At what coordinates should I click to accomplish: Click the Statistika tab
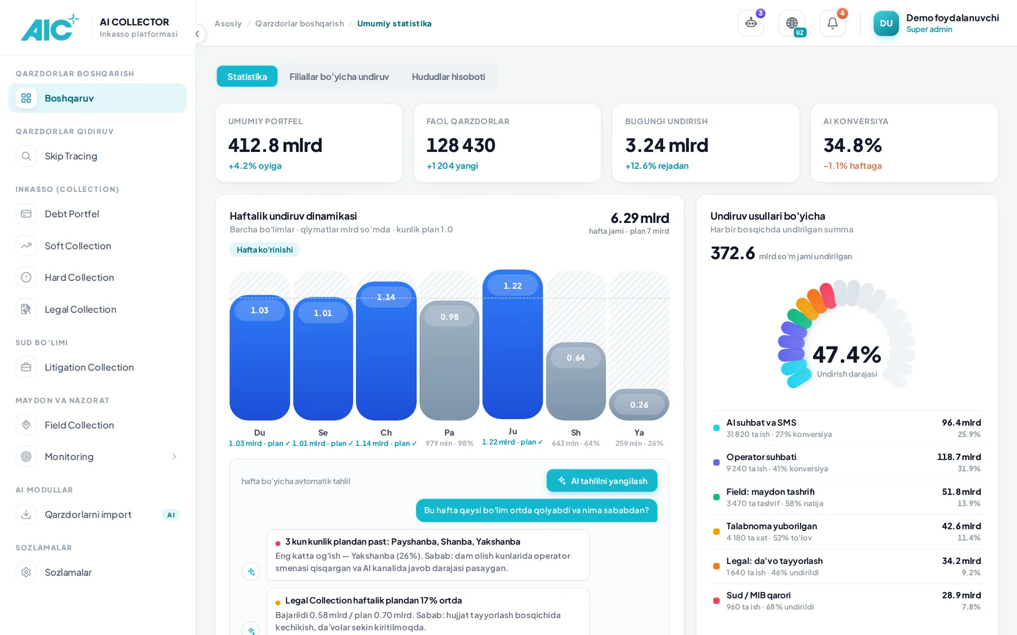pyautogui.click(x=247, y=76)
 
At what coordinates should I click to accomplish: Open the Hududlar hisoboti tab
pyautogui.click(x=448, y=76)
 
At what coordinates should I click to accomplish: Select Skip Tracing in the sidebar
pyautogui.click(x=71, y=156)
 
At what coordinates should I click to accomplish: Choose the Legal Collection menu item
pyautogui.click(x=80, y=309)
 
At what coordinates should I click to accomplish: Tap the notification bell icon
pyautogui.click(x=832, y=23)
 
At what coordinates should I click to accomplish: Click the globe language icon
pyautogui.click(x=792, y=23)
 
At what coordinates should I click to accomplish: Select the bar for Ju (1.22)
pyautogui.click(x=512, y=344)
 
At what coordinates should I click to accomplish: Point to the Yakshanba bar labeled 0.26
pyautogui.click(x=639, y=405)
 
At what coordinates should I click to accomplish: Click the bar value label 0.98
pyautogui.click(x=449, y=317)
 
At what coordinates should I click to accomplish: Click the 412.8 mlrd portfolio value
pyautogui.click(x=275, y=145)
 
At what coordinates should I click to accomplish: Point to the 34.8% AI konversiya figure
pyautogui.click(x=853, y=145)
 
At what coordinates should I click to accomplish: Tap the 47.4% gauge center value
pyautogui.click(x=846, y=355)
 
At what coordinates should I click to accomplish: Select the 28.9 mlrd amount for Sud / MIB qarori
pyautogui.click(x=961, y=595)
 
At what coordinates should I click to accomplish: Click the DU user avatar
pyautogui.click(x=886, y=23)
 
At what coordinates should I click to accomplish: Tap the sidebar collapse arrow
pyautogui.click(x=197, y=34)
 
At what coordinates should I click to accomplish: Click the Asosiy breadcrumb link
pyautogui.click(x=228, y=24)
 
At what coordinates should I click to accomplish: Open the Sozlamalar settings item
pyautogui.click(x=68, y=572)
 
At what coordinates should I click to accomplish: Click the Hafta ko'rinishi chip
pyautogui.click(x=264, y=249)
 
